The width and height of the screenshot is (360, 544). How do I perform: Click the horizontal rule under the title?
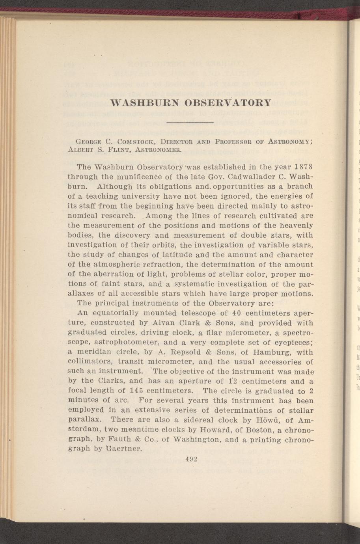(190, 123)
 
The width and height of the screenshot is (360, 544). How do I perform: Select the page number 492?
(191, 459)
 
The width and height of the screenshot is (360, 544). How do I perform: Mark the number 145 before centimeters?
(138, 391)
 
